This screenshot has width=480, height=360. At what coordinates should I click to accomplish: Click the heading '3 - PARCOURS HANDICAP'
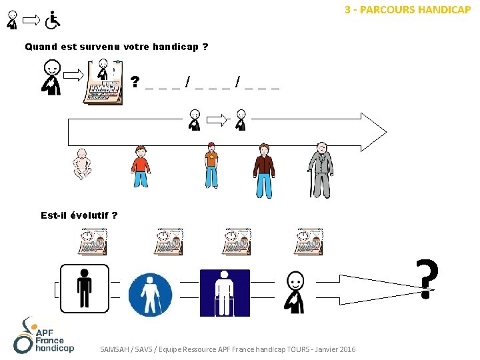(407, 10)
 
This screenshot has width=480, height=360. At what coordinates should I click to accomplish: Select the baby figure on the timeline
(81, 163)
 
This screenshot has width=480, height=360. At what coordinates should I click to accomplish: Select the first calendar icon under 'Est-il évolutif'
(93, 241)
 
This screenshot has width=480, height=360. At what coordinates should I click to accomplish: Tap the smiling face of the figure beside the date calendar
(52, 68)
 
